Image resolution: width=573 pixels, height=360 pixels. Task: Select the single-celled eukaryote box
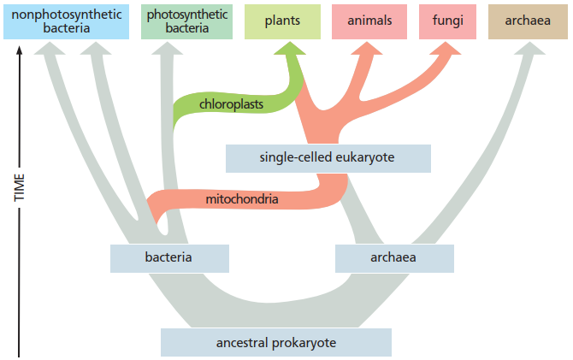tap(328, 157)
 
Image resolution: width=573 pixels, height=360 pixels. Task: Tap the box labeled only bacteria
tap(169, 257)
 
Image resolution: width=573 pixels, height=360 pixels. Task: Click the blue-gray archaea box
tap(393, 257)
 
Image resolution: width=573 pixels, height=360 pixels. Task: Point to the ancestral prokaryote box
tap(275, 343)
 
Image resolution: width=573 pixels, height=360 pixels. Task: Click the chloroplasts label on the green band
tap(230, 104)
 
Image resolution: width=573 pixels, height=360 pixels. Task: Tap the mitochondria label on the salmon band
tap(242, 200)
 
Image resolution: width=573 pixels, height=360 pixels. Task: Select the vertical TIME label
tap(19, 188)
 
